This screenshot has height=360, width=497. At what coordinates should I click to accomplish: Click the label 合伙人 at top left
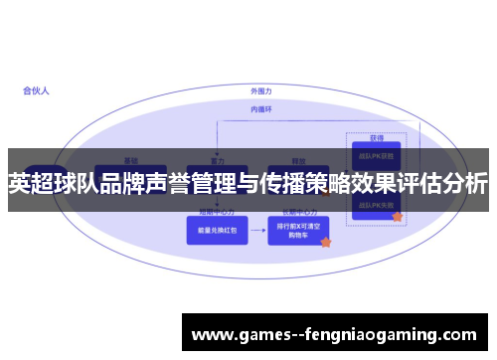tap(37, 90)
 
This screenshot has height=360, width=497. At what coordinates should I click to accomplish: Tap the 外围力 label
tap(261, 90)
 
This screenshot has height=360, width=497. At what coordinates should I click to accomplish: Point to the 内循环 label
tap(260, 108)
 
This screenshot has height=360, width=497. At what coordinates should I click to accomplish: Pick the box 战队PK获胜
tap(376, 156)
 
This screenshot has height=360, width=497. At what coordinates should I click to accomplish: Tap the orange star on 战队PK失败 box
tap(397, 216)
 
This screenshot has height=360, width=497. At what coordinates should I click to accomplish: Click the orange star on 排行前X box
tap(325, 242)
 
